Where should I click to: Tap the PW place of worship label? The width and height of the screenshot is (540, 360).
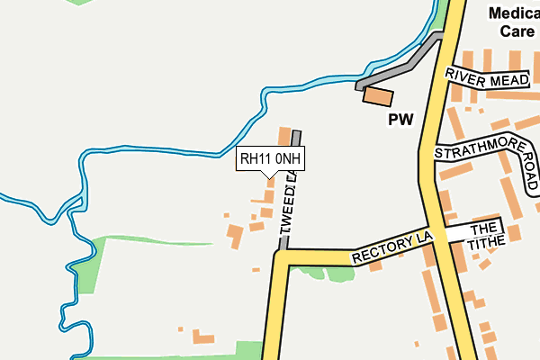tap(400, 119)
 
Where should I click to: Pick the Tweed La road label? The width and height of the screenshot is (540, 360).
tap(289, 206)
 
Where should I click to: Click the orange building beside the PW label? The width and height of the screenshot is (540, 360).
tap(379, 96)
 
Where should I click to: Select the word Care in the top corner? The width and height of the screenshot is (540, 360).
tap(517, 31)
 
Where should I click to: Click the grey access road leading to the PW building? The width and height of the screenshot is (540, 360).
tap(405, 63)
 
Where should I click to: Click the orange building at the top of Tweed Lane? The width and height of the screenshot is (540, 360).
tap(284, 138)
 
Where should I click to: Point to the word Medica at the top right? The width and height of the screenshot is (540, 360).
tap(513, 13)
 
